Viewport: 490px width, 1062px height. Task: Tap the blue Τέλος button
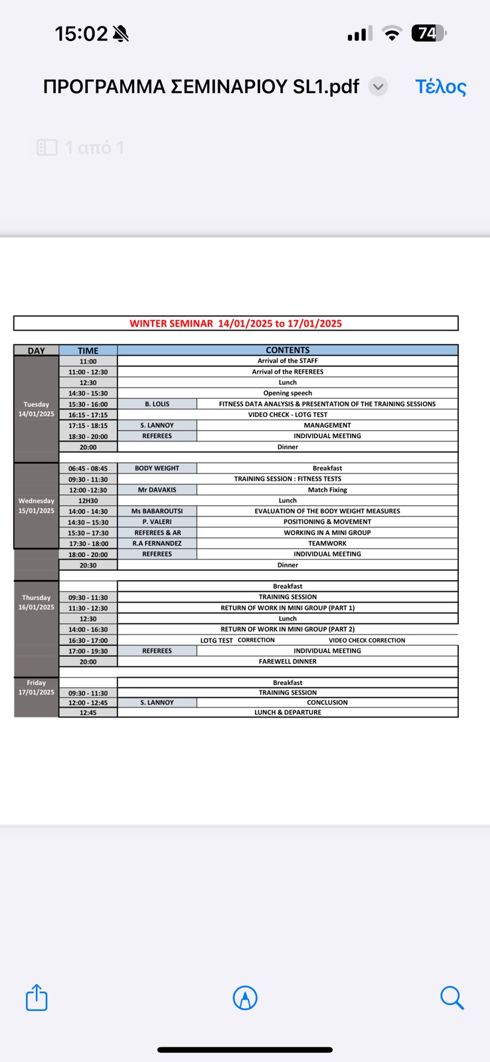(441, 87)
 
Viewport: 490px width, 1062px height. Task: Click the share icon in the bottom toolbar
(37, 998)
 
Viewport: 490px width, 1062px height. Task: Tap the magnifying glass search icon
(451, 998)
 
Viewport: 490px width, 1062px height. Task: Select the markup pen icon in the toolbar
(245, 998)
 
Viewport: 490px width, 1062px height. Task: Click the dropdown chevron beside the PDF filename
(378, 87)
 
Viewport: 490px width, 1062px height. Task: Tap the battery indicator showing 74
(428, 33)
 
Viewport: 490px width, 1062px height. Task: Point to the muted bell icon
(121, 34)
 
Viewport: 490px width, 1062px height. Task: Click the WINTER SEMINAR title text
(236, 323)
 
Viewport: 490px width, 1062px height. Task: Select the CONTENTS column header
(287, 350)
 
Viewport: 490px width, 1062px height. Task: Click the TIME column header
(88, 350)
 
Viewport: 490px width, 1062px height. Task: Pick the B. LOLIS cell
(157, 404)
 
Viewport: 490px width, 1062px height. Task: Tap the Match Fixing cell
(327, 490)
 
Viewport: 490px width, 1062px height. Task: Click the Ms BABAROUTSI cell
(157, 511)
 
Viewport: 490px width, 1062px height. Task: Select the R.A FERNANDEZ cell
(157, 543)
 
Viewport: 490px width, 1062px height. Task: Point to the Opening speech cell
(287, 393)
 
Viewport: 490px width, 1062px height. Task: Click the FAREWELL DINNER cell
(287, 661)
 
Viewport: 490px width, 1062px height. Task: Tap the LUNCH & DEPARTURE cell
(287, 712)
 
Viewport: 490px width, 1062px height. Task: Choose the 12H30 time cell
(88, 500)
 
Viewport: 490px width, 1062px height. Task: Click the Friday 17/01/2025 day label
(37, 687)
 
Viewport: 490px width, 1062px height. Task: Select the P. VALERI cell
(157, 522)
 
